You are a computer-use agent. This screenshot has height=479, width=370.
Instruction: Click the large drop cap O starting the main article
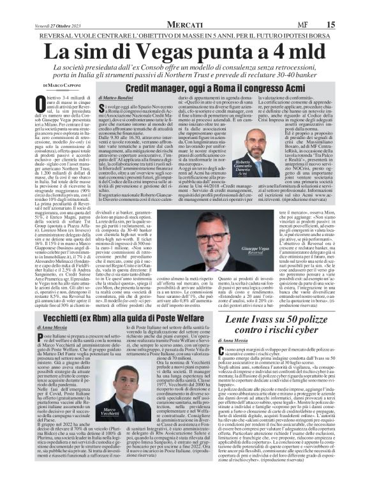(41, 102)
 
